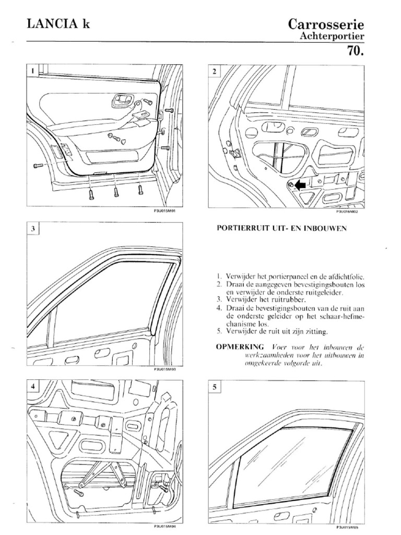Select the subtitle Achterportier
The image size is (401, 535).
click(x=331, y=37)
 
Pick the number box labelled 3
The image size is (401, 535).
click(x=32, y=228)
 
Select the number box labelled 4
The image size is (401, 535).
click(x=32, y=387)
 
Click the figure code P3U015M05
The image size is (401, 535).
click(x=347, y=528)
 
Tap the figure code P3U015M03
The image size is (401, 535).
click(x=164, y=369)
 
